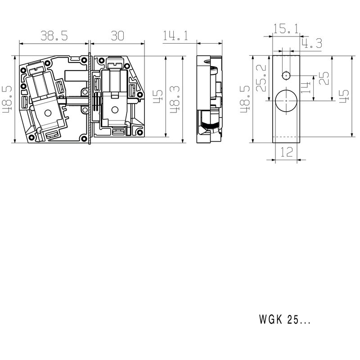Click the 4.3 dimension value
point(311,44)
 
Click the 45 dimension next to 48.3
point(158,97)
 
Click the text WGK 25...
point(284,320)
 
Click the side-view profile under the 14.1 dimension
point(210,100)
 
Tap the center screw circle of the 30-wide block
point(114,109)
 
